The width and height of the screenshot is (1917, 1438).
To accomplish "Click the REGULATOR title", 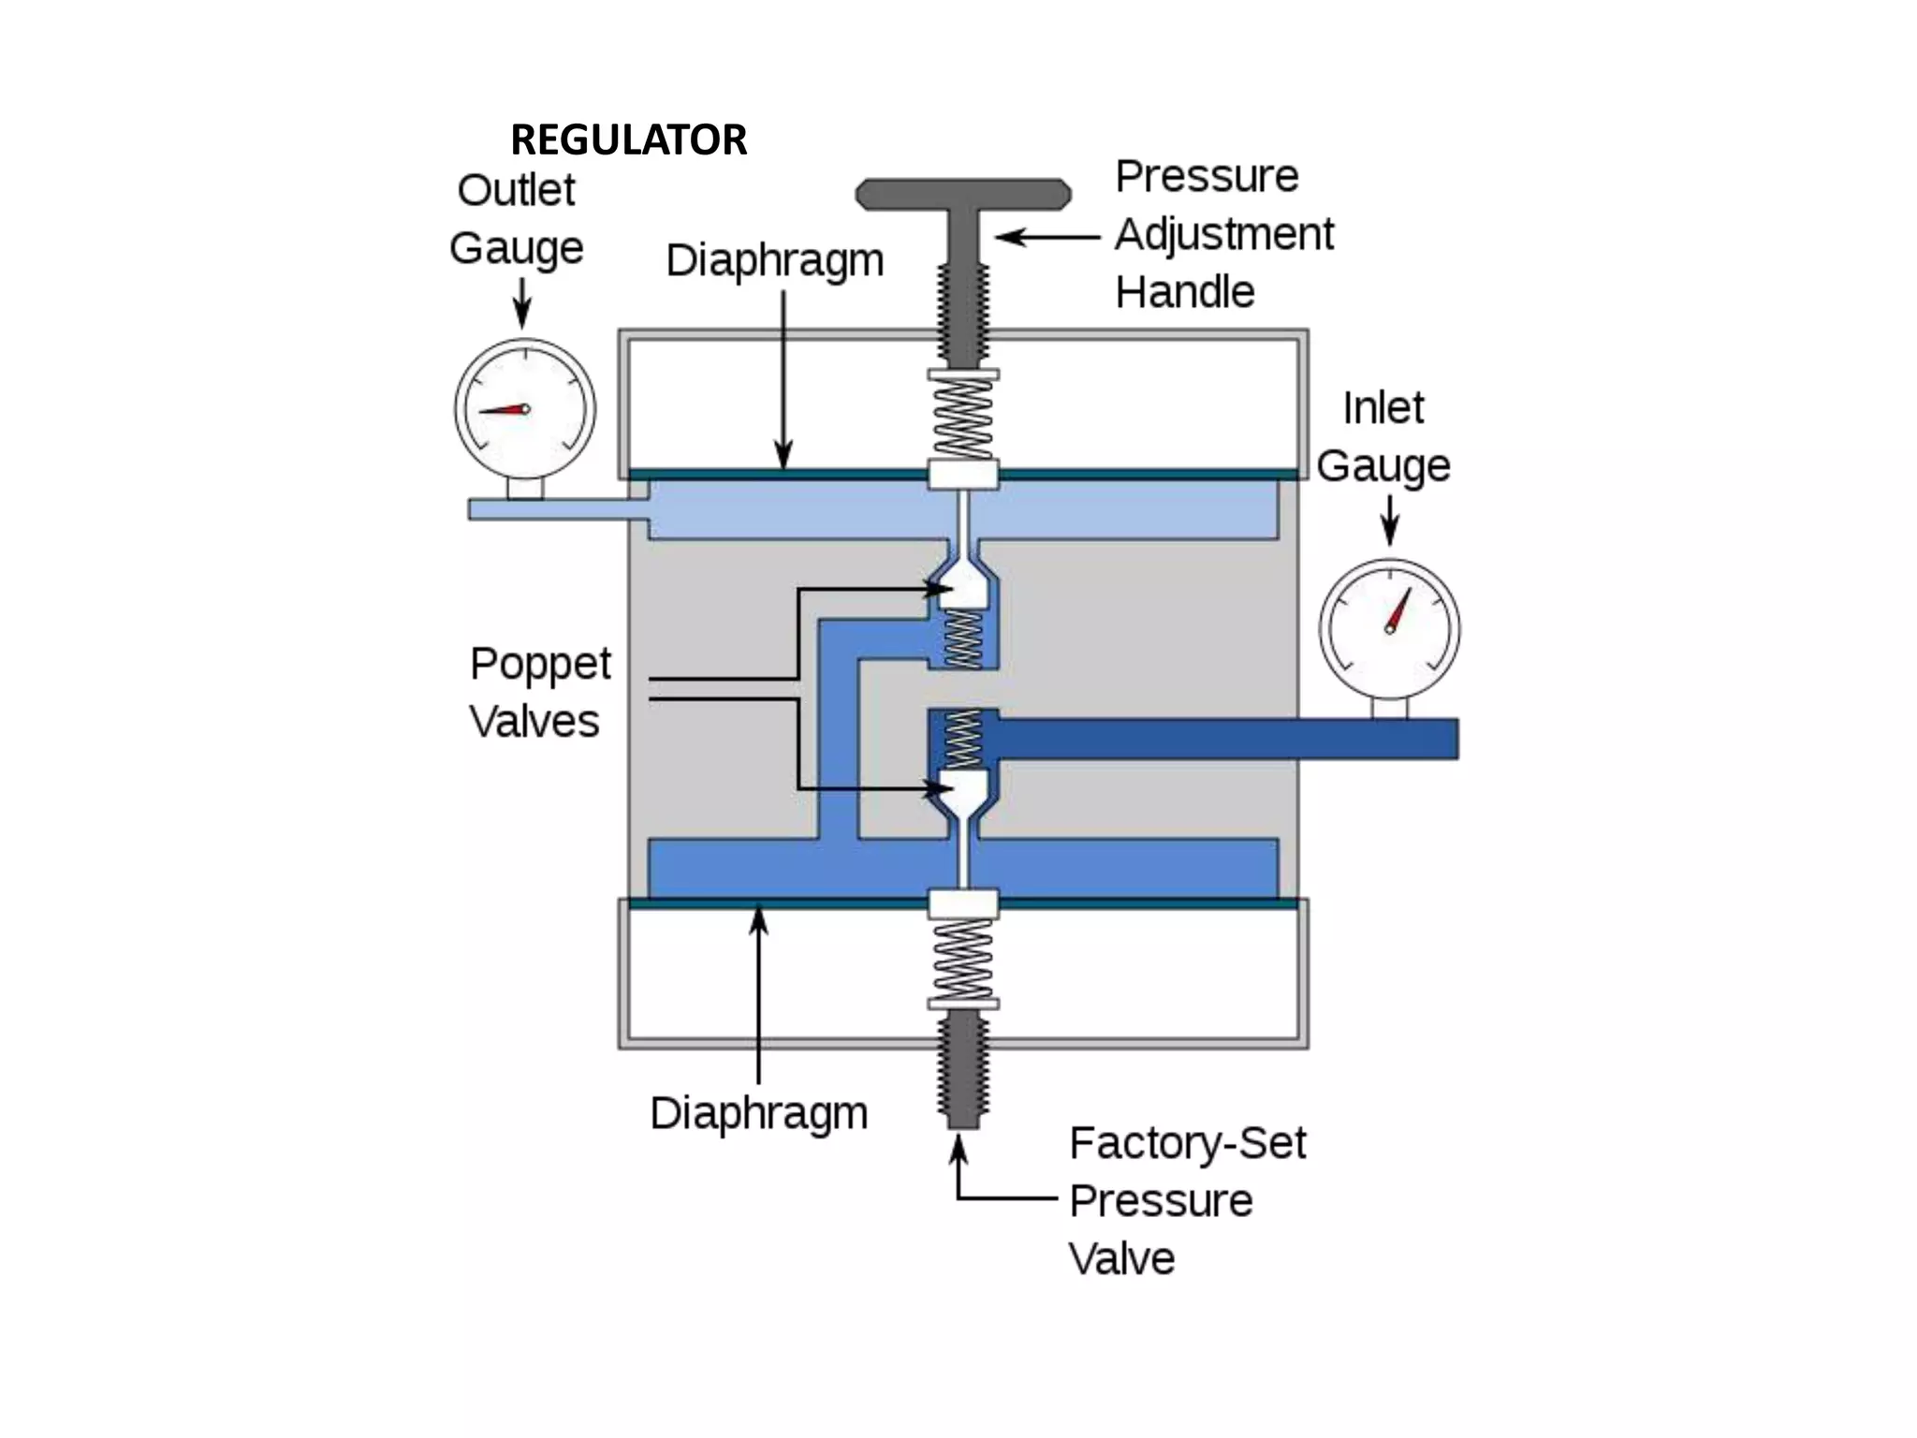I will [x=628, y=140].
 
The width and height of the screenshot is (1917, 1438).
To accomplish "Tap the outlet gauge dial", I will [x=524, y=409].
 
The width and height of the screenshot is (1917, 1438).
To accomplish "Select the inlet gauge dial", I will [x=1389, y=628].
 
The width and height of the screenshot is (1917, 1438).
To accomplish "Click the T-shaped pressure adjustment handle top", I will [x=963, y=193].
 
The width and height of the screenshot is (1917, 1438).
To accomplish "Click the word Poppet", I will [x=540, y=665].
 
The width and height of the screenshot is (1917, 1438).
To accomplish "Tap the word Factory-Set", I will [x=1187, y=1143].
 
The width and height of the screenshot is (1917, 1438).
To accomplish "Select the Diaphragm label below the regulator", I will [x=759, y=1113].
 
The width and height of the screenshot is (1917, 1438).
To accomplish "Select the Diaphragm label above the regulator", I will [x=774, y=260].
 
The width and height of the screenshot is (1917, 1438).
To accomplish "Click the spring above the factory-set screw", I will [x=963, y=959].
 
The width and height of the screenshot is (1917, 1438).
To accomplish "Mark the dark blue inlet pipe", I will [x=1217, y=739].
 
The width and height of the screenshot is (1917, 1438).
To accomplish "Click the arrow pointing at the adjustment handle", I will [x=1046, y=238].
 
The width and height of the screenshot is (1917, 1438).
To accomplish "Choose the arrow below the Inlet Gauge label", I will [x=1390, y=520].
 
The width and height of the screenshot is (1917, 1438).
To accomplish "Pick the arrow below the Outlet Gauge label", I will [x=522, y=304].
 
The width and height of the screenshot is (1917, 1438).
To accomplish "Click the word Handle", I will [x=1184, y=292].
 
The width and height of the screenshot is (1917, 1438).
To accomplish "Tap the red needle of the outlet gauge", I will [x=503, y=410].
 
